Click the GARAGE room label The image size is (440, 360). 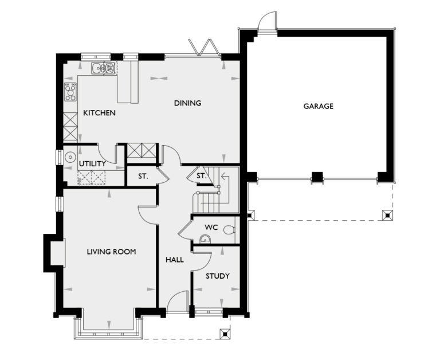point(318,106)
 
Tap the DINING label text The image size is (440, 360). point(188,103)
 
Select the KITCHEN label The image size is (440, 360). point(99,113)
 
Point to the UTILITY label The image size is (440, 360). point(92,164)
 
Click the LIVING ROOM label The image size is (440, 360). point(111,252)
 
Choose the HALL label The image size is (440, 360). point(175,260)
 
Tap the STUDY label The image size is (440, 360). point(218,276)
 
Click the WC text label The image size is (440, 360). point(211,227)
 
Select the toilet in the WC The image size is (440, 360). point(229,230)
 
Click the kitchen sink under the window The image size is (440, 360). point(103,69)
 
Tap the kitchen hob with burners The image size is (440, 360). point(70,92)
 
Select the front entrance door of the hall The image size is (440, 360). point(179,303)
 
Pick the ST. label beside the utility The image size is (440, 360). point(143,176)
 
